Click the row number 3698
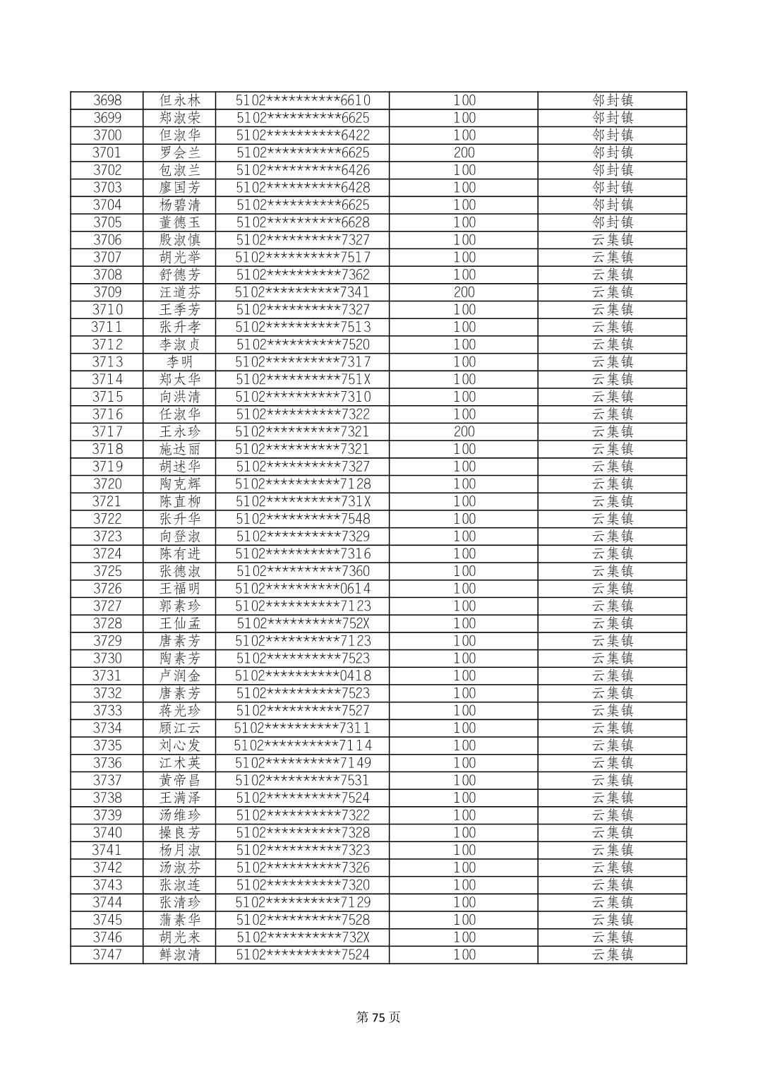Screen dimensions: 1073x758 [x=107, y=100]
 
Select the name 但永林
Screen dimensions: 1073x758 [x=180, y=100]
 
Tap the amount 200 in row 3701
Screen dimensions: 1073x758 [x=464, y=152]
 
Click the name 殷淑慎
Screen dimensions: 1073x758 [x=180, y=240]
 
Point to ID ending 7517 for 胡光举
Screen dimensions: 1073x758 [x=303, y=257]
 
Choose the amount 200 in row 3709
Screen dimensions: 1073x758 [x=464, y=292]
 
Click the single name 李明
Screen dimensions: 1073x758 [x=180, y=362]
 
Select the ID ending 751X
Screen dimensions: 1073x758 [x=303, y=379]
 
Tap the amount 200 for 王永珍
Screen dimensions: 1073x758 [x=464, y=431]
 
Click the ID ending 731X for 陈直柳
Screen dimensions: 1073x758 [x=303, y=501]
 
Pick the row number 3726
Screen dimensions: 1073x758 [x=107, y=589]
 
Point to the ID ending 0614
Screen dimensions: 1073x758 [x=303, y=589]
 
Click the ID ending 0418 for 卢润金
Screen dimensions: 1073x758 [x=303, y=676]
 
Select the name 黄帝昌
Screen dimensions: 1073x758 [x=180, y=780]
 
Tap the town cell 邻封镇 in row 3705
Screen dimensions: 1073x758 [x=612, y=222]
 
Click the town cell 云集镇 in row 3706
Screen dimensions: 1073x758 [x=612, y=240]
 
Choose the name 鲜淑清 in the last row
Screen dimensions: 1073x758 [x=180, y=954]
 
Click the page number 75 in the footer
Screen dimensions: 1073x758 [x=379, y=1017]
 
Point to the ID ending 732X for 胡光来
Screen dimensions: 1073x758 [x=303, y=937]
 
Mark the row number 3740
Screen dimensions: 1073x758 [x=107, y=832]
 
